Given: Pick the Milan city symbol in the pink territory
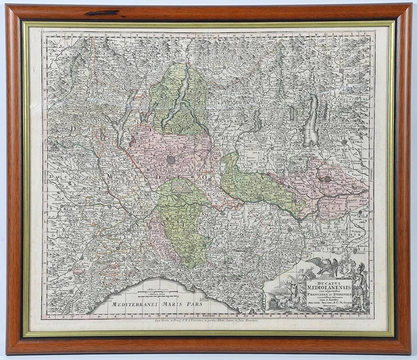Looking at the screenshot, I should point(171,160).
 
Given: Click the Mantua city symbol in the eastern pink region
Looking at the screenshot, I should point(326,180).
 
